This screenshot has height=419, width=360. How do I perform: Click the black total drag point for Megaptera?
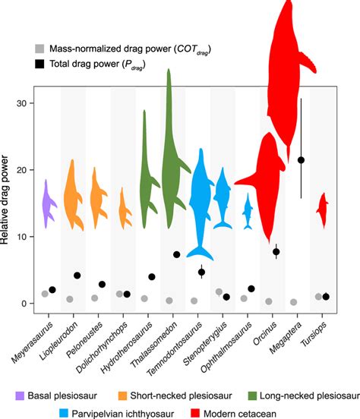coord(302,160)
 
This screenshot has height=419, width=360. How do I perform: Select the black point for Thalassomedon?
coord(177,255)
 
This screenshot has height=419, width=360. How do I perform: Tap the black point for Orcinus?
coord(276,251)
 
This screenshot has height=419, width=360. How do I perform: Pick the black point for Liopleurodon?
coord(77,276)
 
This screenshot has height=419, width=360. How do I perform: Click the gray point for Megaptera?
coord(294,302)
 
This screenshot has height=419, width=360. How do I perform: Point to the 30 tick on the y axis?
coord(36,103)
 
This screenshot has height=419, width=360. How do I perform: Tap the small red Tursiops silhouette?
coord(321,209)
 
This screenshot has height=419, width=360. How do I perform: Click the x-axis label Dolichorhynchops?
coord(103,339)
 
